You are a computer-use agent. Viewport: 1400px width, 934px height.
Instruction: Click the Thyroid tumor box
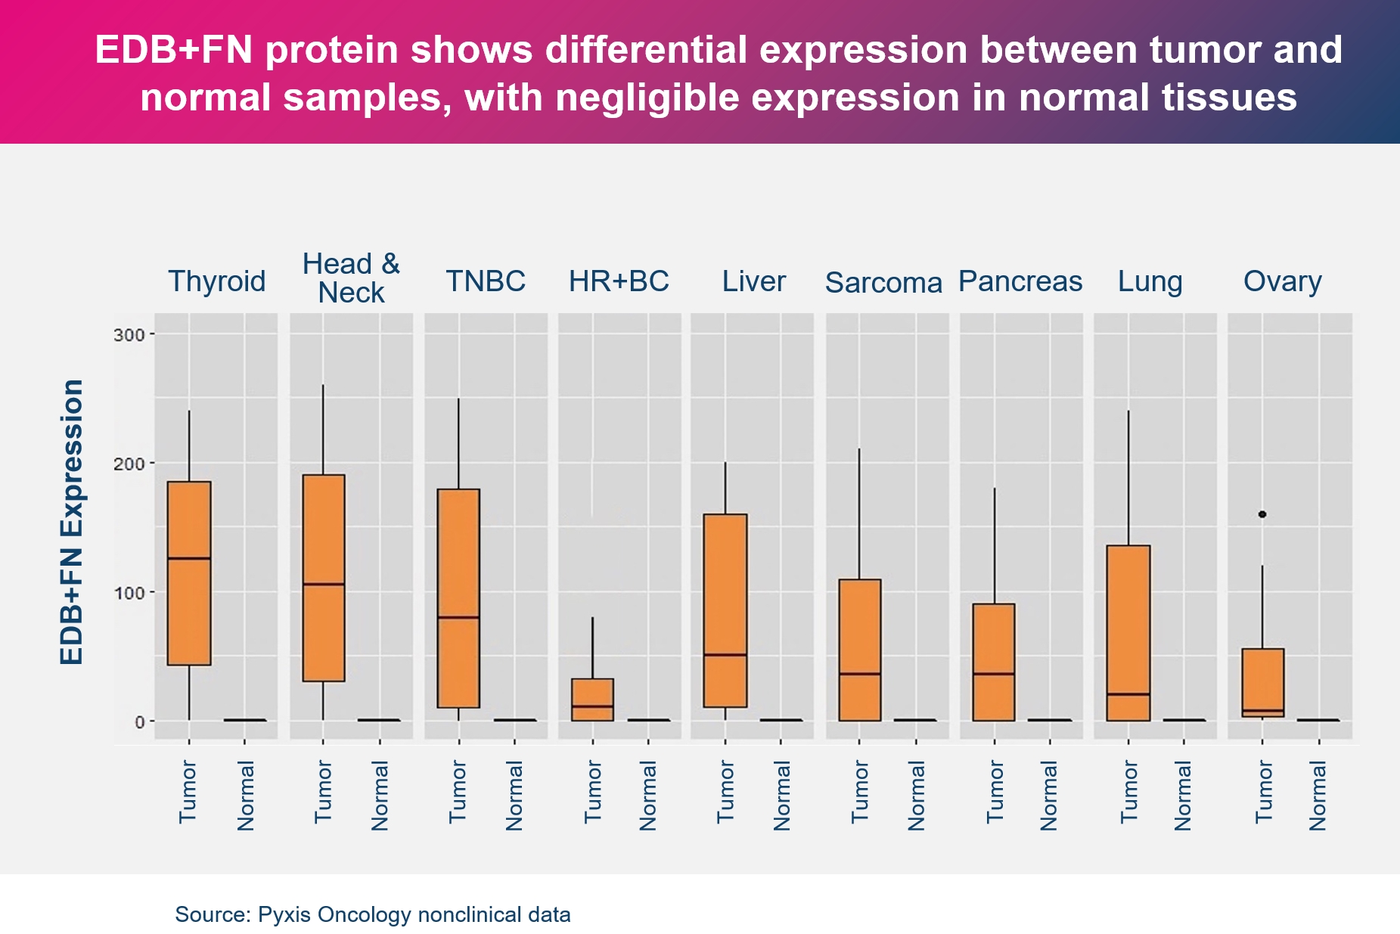(x=189, y=573)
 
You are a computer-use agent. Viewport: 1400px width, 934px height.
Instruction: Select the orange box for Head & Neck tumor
(x=324, y=578)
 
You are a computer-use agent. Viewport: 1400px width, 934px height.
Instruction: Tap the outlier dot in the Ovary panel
(x=1262, y=514)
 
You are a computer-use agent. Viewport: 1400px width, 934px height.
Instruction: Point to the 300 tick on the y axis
(x=129, y=334)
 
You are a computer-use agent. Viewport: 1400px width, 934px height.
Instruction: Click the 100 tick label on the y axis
(x=129, y=592)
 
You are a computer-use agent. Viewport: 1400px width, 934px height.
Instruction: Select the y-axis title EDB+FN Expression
(x=73, y=522)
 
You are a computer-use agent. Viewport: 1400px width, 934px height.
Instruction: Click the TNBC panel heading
(x=486, y=281)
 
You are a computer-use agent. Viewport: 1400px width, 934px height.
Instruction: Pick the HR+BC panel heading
(x=619, y=281)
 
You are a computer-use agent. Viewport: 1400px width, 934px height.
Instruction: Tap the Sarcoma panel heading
(x=883, y=283)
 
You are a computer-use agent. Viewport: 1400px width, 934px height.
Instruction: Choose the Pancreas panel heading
(x=1020, y=281)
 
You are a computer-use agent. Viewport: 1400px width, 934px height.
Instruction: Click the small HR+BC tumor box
(x=592, y=700)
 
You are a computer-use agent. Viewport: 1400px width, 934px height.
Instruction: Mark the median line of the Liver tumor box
(x=725, y=654)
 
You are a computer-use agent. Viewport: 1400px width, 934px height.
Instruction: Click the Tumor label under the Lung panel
(x=1128, y=792)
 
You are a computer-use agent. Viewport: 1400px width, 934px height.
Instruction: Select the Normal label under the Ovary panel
(x=1318, y=796)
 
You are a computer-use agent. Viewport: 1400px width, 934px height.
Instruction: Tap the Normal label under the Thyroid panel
(x=246, y=796)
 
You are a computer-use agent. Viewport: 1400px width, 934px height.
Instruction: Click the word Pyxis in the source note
(x=284, y=915)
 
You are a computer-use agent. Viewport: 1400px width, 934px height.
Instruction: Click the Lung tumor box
(x=1128, y=633)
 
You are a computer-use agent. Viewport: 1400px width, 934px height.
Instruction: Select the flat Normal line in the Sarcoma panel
(x=915, y=720)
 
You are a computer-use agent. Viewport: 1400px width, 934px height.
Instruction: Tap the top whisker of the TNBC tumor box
(x=458, y=442)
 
